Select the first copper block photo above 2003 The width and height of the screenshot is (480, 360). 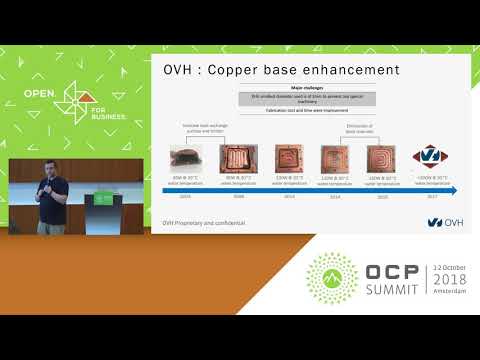tap(185, 157)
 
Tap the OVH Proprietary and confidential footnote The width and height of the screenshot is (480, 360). tap(204, 221)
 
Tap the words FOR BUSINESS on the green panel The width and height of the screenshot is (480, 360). tap(98, 111)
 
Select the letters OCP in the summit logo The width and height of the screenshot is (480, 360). tap(386, 275)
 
